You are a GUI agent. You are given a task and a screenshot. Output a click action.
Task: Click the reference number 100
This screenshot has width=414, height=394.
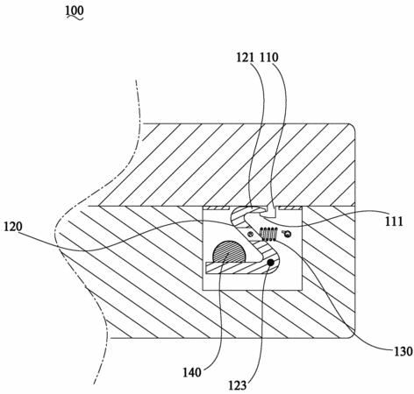pyautogui.click(x=75, y=11)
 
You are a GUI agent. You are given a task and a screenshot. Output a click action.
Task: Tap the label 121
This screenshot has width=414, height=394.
pyautogui.click(x=246, y=58)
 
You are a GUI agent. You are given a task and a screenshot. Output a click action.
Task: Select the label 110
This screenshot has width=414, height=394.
pyautogui.click(x=269, y=58)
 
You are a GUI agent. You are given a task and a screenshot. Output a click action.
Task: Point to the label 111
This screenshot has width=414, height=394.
pyautogui.click(x=394, y=222)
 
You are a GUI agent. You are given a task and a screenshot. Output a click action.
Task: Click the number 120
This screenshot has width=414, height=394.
pyautogui.click(x=13, y=227)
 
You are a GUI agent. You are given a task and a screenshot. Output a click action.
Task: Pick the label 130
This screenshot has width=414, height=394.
pyautogui.click(x=403, y=351)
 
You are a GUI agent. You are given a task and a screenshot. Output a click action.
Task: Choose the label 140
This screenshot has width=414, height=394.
pyautogui.click(x=192, y=373)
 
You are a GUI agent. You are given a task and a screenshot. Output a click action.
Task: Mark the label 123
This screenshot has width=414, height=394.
pyautogui.click(x=238, y=386)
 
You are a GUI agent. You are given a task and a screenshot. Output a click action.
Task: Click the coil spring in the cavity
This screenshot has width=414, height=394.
pyautogui.click(x=268, y=234)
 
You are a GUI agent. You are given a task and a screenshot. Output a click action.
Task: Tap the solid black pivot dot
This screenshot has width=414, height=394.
pyautogui.click(x=271, y=263)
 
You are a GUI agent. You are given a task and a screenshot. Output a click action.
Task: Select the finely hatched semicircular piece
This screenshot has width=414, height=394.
pyautogui.click(x=230, y=252)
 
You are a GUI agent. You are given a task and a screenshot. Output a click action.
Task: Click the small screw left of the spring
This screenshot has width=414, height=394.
pyautogui.click(x=251, y=234)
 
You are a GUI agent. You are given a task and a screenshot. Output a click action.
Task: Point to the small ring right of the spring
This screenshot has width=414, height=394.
pyautogui.click(x=288, y=233)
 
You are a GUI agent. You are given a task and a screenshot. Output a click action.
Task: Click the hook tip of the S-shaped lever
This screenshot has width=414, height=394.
pyautogui.click(x=261, y=209)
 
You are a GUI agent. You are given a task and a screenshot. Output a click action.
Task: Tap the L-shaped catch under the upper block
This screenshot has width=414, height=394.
pyautogui.click(x=270, y=212)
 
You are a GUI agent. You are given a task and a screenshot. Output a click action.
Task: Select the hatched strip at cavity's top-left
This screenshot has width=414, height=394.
pyautogui.click(x=217, y=208)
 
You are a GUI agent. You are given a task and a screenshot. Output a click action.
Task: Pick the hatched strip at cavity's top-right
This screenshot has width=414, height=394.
pyautogui.click(x=289, y=208)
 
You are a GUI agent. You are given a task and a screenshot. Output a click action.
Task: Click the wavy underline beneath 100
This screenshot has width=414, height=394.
pyautogui.click(x=75, y=18)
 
